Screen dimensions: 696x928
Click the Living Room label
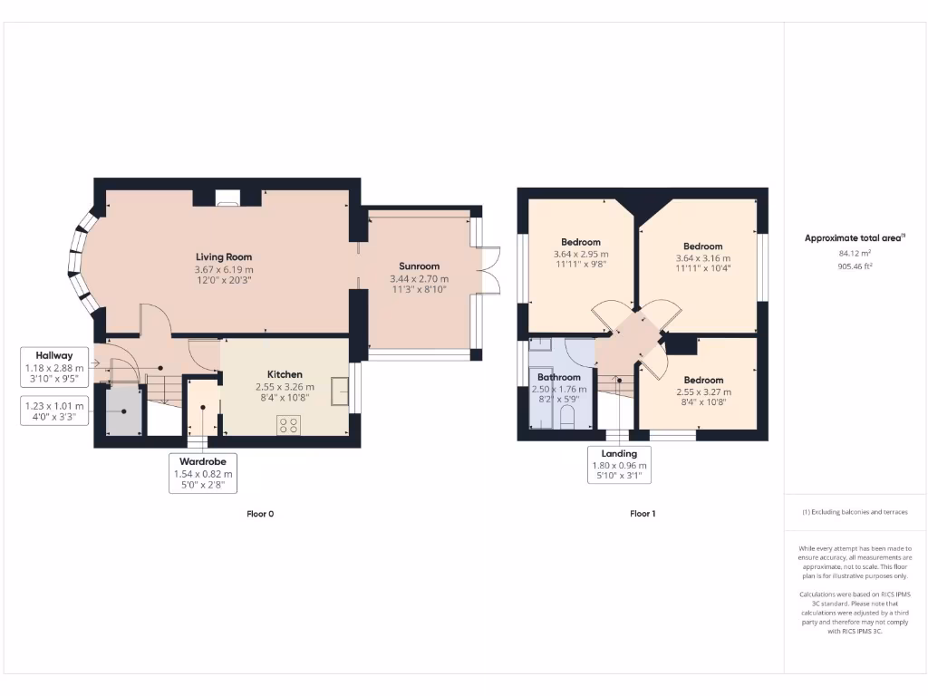point(224,256)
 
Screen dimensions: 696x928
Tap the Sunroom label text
point(414,266)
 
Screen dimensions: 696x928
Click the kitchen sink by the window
point(340,391)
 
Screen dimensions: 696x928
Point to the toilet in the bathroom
point(568,418)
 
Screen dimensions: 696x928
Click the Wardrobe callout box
point(202,473)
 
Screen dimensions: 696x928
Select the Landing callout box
point(619,466)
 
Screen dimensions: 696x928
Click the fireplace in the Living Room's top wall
point(227,197)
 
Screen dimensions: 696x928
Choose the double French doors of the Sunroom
point(488,270)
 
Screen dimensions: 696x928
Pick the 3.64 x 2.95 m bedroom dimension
point(581,254)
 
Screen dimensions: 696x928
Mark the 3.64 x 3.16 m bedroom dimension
point(702,258)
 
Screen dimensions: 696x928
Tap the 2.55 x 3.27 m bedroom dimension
point(703,391)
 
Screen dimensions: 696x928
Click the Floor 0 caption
point(260,514)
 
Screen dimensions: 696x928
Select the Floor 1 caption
point(643,514)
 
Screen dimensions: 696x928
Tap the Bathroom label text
point(558,377)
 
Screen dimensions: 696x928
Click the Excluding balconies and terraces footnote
point(855,512)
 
